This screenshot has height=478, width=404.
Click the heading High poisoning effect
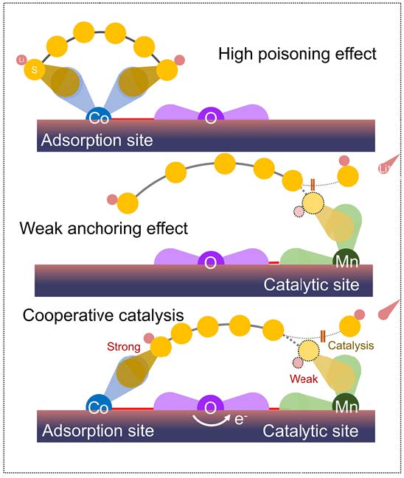pos(297,54)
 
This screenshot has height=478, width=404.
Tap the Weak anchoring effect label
pos(104,228)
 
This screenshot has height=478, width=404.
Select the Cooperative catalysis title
pos(103,315)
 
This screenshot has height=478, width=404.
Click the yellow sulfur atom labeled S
pos(35,69)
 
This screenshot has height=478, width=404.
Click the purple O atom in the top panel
pos(211,116)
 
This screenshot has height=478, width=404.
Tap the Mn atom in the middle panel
pos(346,260)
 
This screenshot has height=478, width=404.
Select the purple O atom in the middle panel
pos(211,261)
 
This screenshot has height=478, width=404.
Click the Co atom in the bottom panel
pos(99,406)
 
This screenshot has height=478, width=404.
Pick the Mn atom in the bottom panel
pos(346,405)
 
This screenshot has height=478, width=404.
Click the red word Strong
pos(124,347)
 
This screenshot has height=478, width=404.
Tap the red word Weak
pos(304,379)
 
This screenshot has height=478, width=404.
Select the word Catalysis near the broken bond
pos(351,345)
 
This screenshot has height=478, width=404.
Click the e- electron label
pos(241,420)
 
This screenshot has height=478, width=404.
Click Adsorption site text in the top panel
pos(97,140)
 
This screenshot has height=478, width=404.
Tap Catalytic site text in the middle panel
pos(312,285)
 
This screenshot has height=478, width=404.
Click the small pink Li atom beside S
pos(21,60)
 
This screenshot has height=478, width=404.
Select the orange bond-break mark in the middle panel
pos(313,185)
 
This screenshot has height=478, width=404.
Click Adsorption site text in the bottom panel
pos(98,430)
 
